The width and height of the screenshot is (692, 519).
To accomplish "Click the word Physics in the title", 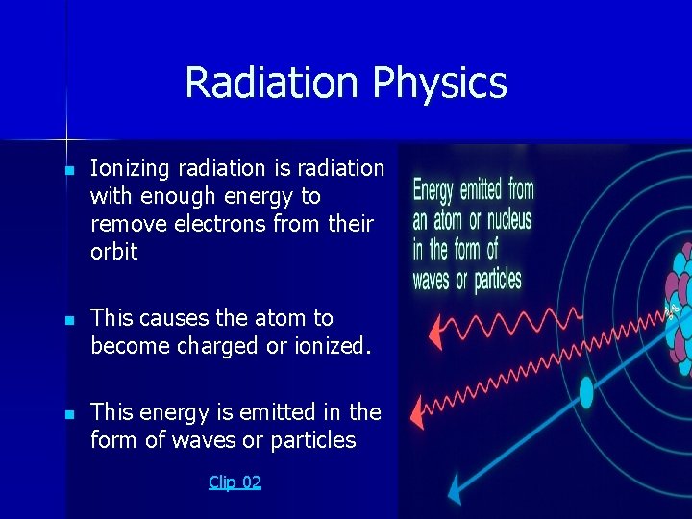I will (x=439, y=84).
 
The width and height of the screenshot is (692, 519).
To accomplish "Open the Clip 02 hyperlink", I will (x=235, y=482).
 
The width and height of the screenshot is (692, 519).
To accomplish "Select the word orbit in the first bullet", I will (x=113, y=253).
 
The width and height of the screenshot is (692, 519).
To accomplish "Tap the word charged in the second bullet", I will (x=210, y=346).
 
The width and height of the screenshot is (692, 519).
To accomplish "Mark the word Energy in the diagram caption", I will (x=433, y=190).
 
